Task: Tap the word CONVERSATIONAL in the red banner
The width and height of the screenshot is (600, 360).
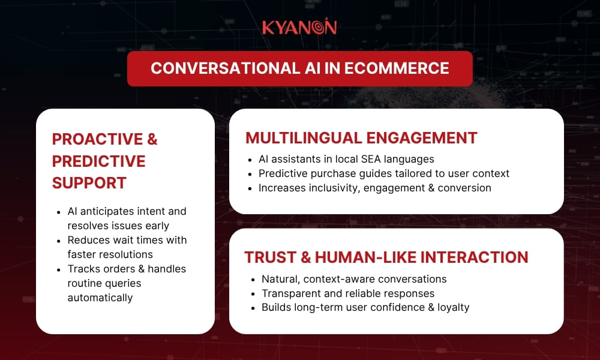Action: [226, 68]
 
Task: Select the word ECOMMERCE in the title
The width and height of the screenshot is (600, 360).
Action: [397, 68]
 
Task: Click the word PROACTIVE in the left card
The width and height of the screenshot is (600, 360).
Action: [98, 139]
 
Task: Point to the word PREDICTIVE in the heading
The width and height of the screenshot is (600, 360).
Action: [99, 161]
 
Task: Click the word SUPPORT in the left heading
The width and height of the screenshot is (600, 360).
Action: [89, 183]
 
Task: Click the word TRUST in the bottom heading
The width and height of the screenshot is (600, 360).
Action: [270, 257]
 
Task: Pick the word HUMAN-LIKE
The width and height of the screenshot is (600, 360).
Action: [365, 257]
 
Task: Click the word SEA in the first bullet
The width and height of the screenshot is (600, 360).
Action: [371, 159]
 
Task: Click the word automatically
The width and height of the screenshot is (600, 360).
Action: [100, 298]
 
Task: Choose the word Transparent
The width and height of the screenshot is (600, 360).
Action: [291, 293]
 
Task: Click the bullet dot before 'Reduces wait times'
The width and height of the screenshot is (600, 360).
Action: [59, 241]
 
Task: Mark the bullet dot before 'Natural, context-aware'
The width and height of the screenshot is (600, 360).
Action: [253, 280]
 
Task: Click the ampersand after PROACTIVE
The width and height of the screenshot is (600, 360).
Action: [152, 139]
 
